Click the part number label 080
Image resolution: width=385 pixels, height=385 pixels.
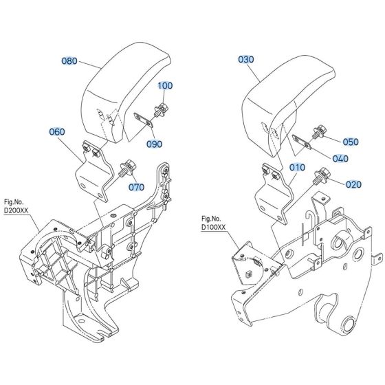[70, 60]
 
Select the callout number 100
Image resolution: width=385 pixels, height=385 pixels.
[166, 86]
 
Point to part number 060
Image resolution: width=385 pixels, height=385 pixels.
[57, 131]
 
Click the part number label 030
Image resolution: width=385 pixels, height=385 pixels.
[246, 60]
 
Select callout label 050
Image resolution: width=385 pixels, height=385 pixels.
[351, 142]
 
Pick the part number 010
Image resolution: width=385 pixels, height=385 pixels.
[297, 167]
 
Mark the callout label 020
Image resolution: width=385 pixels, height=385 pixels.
[353, 184]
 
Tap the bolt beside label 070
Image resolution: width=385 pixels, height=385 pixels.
[128, 167]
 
